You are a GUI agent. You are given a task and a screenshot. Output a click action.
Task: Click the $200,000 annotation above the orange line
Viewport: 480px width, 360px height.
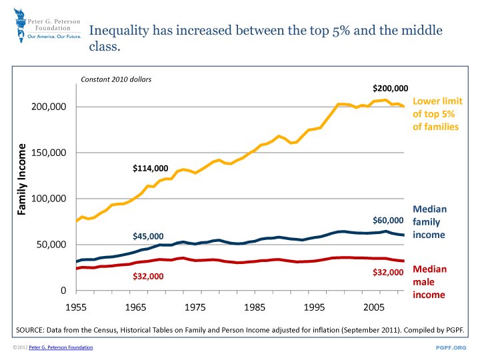coord(390,88)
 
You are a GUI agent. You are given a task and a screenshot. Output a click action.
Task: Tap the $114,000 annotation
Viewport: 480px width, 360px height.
coord(151,168)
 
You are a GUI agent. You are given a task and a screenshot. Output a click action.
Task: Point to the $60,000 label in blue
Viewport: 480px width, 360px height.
coord(388,220)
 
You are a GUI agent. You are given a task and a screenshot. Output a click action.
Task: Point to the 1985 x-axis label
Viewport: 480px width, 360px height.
coord(254,308)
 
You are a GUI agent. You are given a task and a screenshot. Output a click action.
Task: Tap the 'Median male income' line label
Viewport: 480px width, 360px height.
coord(429,281)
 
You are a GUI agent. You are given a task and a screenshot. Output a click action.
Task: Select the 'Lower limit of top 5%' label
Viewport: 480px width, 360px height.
coord(437,114)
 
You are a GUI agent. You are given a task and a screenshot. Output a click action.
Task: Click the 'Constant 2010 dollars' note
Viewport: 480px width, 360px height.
coord(116,79)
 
